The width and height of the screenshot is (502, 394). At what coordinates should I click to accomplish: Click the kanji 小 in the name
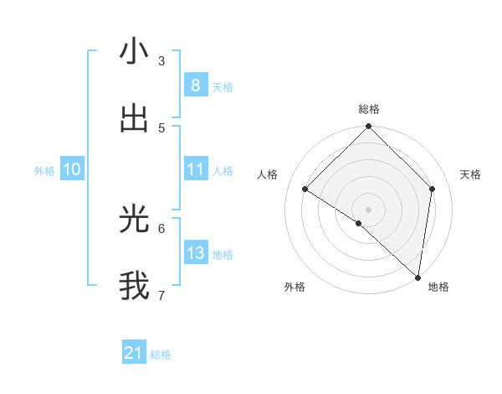tap(134, 52)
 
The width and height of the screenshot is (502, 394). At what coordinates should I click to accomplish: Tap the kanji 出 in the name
tap(134, 119)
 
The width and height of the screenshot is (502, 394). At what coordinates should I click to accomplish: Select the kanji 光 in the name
tap(134, 220)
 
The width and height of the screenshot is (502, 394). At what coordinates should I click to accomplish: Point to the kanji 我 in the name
tap(134, 286)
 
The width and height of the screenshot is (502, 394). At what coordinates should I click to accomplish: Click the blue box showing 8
tap(195, 85)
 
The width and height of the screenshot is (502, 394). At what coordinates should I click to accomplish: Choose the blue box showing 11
tap(195, 169)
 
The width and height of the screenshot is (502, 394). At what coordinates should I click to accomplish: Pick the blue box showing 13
tap(195, 253)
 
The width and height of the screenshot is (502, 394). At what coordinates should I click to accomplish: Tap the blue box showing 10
tap(71, 169)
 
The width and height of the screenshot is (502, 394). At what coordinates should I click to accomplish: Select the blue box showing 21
tap(134, 353)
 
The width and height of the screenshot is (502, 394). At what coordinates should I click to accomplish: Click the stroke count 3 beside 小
tap(161, 60)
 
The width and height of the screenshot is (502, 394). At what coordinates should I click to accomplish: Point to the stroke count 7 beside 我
tap(161, 295)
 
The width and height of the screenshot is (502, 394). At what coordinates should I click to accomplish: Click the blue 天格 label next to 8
tap(223, 87)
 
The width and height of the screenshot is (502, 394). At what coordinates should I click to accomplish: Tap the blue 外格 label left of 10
tap(44, 171)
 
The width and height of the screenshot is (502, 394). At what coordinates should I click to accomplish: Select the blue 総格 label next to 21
tap(161, 355)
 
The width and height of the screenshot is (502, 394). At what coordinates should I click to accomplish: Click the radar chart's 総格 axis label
tap(369, 109)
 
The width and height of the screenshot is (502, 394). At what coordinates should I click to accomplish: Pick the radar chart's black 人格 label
tap(268, 174)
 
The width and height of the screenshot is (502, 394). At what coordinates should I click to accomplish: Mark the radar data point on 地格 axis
tap(418, 277)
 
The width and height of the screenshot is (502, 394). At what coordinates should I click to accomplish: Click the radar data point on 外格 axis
tap(359, 223)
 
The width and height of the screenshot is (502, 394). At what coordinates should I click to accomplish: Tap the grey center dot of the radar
tap(369, 209)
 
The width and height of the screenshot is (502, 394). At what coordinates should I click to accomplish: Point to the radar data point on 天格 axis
tap(433, 189)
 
